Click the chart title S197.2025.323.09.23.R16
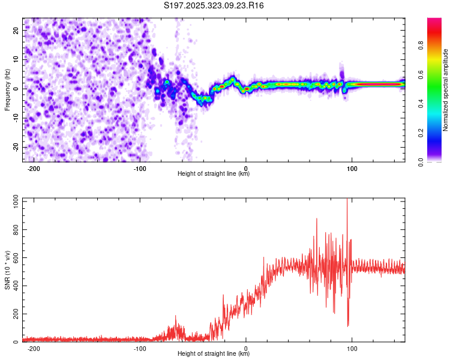pos(214,5)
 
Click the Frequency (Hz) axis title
pos(8,89)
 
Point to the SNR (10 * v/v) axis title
pos(8,269)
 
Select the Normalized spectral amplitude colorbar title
pos(446,90)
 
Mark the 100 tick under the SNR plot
pos(352,349)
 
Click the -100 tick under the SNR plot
pos(140,349)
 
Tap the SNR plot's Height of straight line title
pos(214,354)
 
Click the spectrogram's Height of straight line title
pos(214,174)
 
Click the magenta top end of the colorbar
pos(434,21)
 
